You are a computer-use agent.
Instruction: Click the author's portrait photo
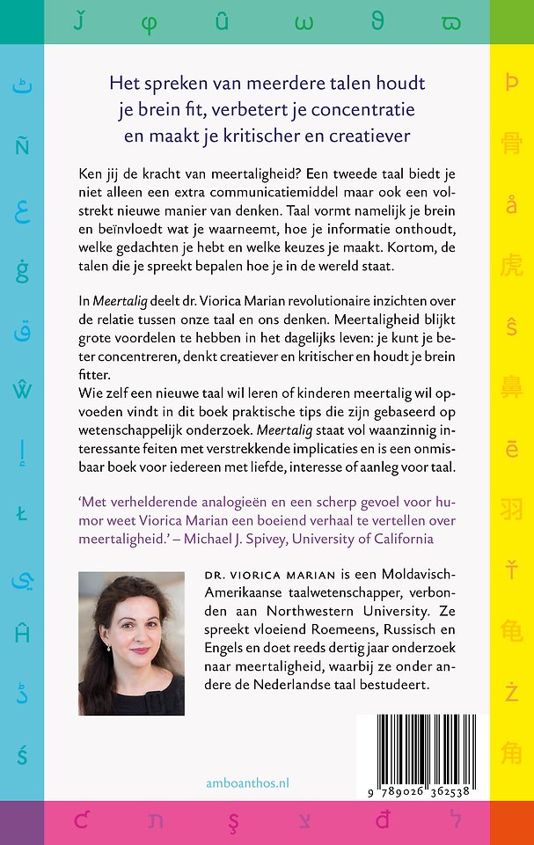pyautogui.click(x=131, y=643)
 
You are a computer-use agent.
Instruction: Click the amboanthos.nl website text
pyautogui.click(x=245, y=783)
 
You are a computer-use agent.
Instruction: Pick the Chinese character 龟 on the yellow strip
pyautogui.click(x=512, y=630)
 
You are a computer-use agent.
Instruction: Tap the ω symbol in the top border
pyautogui.click(x=305, y=20)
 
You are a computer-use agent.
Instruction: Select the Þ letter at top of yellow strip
pyautogui.click(x=512, y=84)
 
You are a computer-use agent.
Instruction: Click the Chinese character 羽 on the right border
pyautogui.click(x=512, y=509)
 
